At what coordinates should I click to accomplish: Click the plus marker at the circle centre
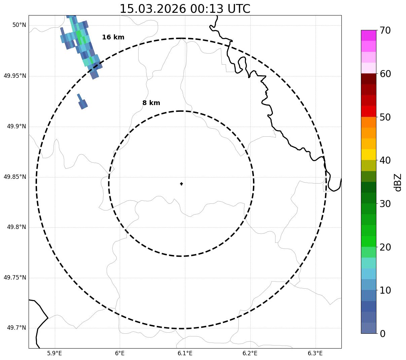tap(182, 184)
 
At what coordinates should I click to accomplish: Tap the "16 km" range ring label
tap(113, 37)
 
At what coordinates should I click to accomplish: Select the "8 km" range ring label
tap(151, 103)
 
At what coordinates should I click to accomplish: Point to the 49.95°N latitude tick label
tap(15, 76)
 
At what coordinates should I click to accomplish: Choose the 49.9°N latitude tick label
tap(16, 126)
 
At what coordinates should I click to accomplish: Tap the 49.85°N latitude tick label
tap(15, 177)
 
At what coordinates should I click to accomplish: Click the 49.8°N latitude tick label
tap(16, 227)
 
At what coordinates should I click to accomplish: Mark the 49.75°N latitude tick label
tap(15, 278)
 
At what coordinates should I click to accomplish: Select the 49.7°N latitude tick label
tap(16, 328)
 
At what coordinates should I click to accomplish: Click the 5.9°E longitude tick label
tap(54, 353)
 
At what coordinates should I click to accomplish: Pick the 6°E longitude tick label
tap(120, 353)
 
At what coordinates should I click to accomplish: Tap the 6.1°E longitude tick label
tap(185, 353)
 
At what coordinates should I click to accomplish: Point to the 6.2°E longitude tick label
tap(250, 353)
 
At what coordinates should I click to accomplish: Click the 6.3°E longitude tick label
tap(315, 353)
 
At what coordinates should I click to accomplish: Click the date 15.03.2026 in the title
tap(153, 9)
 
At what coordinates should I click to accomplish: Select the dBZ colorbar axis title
tap(398, 182)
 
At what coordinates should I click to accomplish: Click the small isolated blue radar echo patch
tap(82, 103)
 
